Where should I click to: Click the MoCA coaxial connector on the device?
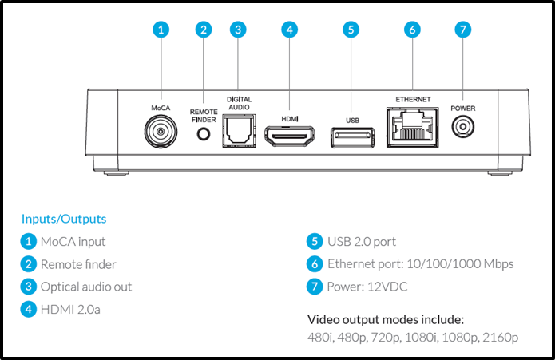point(161,130)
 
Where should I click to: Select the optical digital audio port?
point(237,131)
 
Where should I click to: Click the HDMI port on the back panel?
point(290,137)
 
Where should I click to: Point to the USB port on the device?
point(351,136)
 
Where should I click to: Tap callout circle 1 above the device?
point(161,30)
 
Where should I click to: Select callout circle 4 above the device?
point(290,30)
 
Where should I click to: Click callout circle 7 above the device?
point(462,30)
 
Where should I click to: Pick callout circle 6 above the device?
point(412,30)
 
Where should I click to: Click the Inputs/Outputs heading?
point(64,218)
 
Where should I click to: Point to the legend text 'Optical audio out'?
point(86,287)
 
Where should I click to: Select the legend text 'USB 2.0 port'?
point(361,241)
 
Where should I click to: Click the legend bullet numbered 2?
point(29,264)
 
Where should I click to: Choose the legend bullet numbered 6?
point(315,264)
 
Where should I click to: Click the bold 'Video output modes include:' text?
point(386,319)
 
